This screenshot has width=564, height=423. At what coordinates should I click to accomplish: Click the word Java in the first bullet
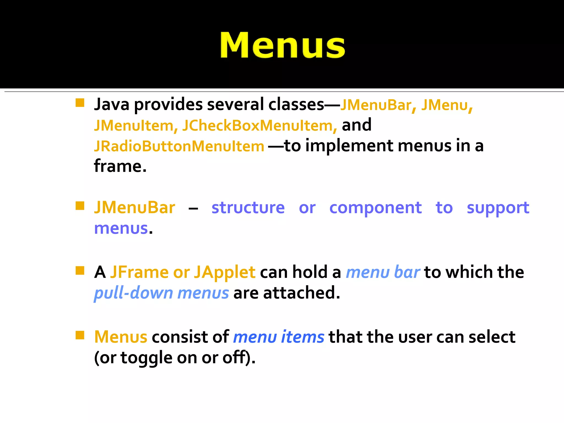click(112, 105)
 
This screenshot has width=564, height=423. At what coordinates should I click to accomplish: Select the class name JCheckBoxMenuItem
click(259, 126)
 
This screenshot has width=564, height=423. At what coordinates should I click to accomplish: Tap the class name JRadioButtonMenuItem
click(179, 146)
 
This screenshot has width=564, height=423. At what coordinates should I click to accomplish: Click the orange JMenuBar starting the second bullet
click(135, 208)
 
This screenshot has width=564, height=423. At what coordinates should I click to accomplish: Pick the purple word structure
click(248, 208)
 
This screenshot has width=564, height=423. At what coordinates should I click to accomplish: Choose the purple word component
click(375, 208)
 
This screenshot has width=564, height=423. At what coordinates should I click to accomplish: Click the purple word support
click(498, 208)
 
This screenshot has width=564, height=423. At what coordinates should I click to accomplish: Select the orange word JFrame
click(139, 272)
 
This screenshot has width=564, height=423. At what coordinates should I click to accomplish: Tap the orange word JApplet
click(224, 272)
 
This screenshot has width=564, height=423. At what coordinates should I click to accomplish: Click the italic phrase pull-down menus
click(161, 293)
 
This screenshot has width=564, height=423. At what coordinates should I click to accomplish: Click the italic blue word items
click(302, 337)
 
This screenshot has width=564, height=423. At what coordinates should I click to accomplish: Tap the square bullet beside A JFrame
click(80, 270)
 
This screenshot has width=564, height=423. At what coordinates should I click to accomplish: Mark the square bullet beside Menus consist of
click(80, 335)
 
